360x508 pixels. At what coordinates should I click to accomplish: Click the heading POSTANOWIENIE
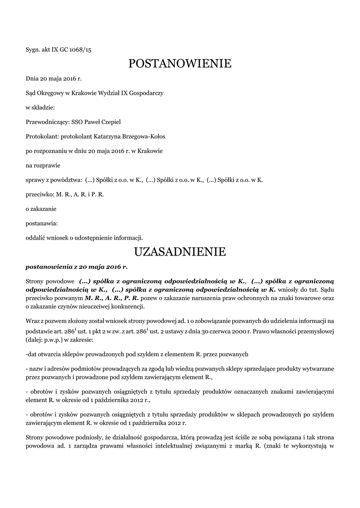coord(180,63)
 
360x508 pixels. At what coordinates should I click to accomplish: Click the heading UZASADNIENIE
coord(180,252)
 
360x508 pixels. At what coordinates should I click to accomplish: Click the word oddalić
coord(36,237)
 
